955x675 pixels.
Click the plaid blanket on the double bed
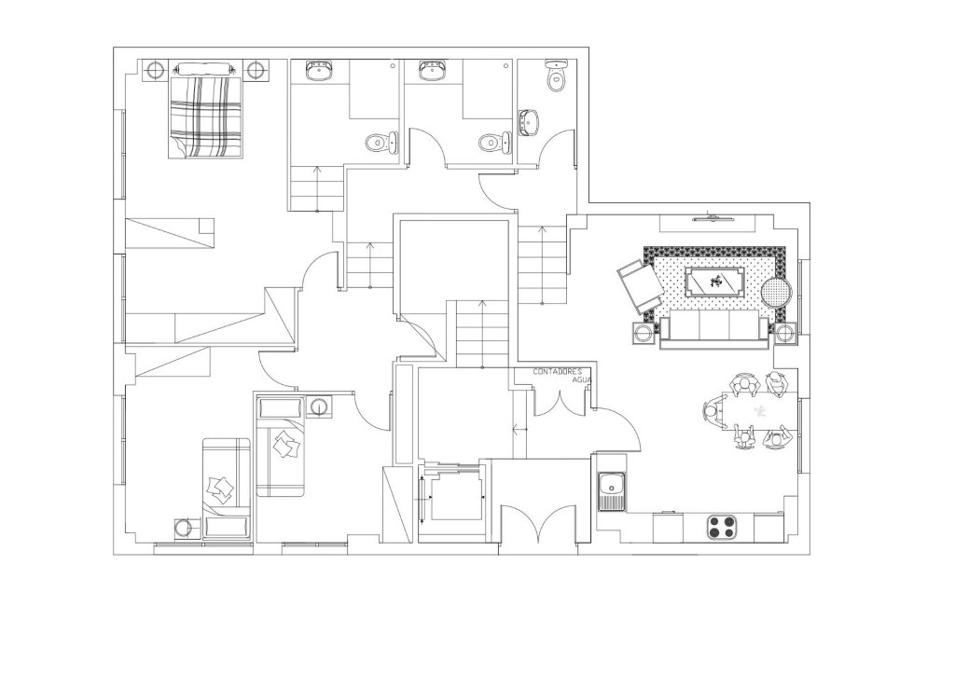[205, 117]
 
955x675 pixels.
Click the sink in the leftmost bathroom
[319, 71]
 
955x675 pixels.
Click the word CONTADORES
[558, 371]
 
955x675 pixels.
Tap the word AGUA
[582, 379]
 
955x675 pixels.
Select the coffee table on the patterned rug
[714, 282]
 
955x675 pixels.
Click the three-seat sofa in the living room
[713, 329]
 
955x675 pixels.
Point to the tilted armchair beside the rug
[641, 286]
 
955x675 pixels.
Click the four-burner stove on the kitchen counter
[722, 527]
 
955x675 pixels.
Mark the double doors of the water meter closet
[560, 402]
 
